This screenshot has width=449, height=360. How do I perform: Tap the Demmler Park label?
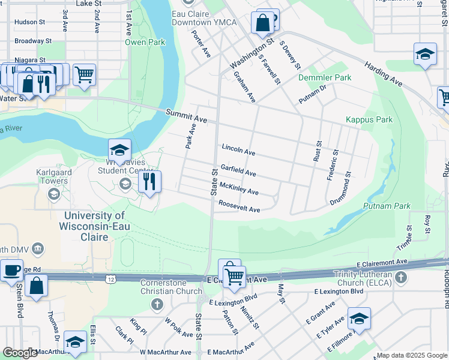click(325, 78)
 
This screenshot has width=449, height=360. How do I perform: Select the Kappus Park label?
click(369, 120)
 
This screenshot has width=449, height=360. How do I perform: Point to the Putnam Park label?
click(387, 206)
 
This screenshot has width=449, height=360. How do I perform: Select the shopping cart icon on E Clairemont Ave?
click(234, 277)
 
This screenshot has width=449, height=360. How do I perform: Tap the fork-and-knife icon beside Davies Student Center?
click(149, 181)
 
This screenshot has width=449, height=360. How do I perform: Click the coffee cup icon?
click(11, 270)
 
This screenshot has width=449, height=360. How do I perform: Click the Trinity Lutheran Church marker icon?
click(402, 278)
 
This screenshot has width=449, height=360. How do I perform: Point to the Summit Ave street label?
click(187, 117)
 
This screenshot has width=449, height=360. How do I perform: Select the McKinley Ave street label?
click(239, 188)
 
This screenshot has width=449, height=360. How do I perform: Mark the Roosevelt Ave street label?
click(239, 206)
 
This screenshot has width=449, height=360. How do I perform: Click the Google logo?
click(19, 353)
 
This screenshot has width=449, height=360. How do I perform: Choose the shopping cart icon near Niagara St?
click(85, 75)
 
